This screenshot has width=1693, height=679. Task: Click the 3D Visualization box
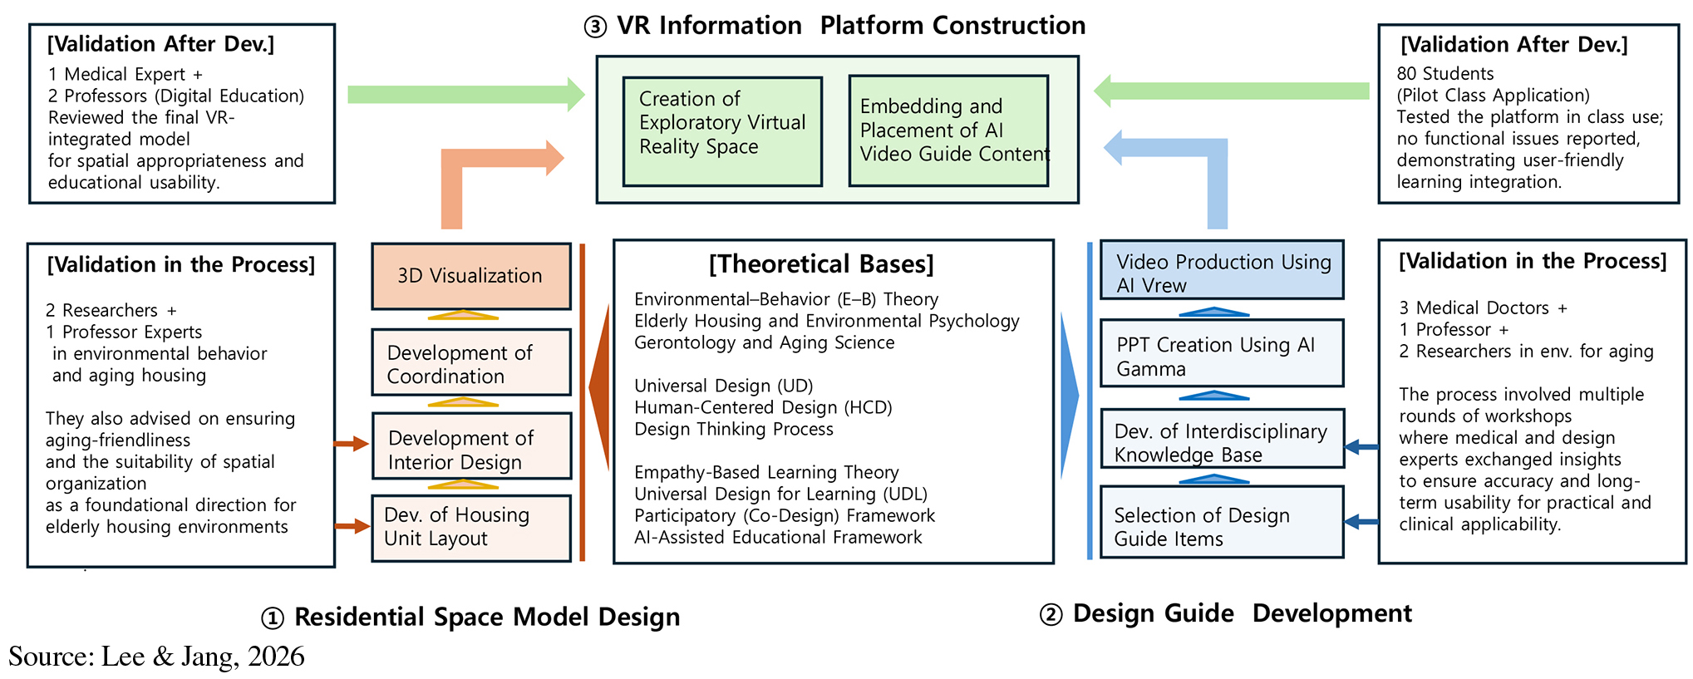tap(470, 276)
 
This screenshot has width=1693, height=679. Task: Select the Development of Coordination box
tap(470, 363)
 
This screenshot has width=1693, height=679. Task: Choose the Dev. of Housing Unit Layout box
tap(470, 528)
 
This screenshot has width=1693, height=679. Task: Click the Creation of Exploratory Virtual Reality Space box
tap(721, 131)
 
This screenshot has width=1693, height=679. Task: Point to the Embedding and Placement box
tap(948, 131)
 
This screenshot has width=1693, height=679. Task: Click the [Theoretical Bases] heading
tap(820, 264)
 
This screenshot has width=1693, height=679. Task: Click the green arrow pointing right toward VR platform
tap(465, 94)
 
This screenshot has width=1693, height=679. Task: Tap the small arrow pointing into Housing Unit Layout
tap(352, 526)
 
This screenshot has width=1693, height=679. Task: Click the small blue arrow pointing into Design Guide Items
tap(1361, 522)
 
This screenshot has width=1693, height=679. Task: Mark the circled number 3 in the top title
tap(595, 27)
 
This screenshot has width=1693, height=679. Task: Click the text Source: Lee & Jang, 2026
tap(156, 657)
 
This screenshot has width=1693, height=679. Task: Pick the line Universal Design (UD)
tap(723, 386)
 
